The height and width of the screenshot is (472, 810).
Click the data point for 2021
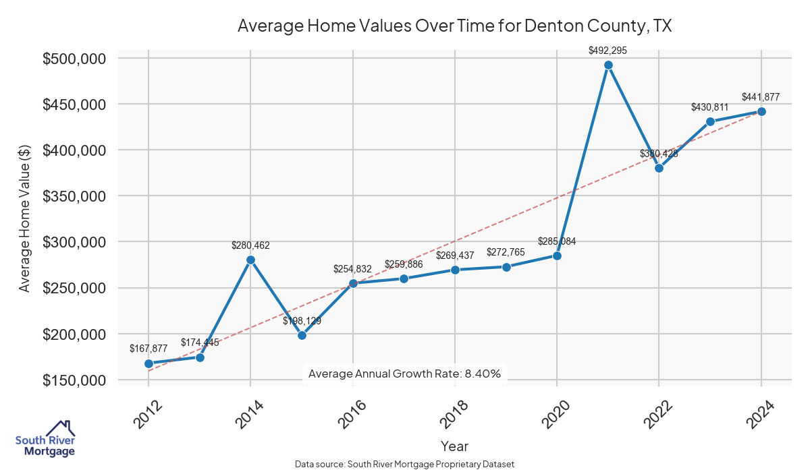tap(608, 65)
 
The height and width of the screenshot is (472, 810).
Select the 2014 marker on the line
tap(250, 260)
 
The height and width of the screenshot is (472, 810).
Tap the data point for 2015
tap(302, 335)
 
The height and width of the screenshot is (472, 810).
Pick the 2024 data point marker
tap(761, 111)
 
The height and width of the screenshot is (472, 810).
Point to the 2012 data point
tap(148, 363)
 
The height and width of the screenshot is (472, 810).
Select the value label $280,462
tap(250, 245)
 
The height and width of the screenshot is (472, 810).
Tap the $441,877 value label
tap(761, 97)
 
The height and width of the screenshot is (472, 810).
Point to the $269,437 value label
tap(455, 256)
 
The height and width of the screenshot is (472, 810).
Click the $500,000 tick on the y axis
tap(74, 59)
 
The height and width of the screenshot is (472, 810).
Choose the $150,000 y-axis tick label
tap(74, 380)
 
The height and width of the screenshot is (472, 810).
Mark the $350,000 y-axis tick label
tap(74, 196)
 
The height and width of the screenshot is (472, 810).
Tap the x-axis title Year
tap(454, 446)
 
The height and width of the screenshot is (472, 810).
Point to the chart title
tap(454, 26)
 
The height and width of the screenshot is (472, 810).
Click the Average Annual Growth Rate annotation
tap(404, 374)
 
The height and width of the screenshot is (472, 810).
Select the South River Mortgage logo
tap(45, 439)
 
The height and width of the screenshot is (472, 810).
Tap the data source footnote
tap(404, 465)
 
